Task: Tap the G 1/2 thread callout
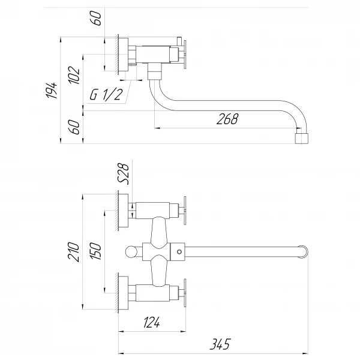coord(107,95)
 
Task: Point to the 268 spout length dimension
coord(227,119)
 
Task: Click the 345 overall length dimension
coord(220,345)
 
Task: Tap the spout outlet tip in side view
coord(304,139)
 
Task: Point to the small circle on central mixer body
coord(178,251)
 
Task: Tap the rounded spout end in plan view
coord(305,251)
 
